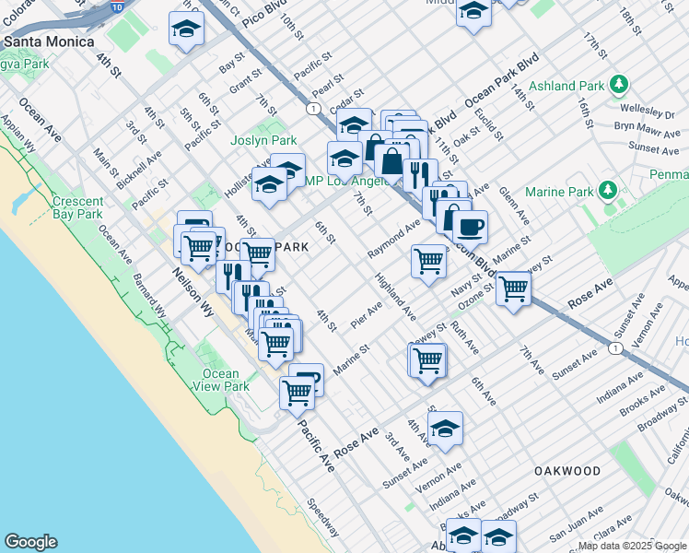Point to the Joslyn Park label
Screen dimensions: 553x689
(263, 140)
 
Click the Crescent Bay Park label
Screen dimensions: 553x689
(77, 208)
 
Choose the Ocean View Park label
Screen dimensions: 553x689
(220, 380)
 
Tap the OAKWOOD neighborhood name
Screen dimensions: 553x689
(567, 471)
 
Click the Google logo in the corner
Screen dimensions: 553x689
(29, 542)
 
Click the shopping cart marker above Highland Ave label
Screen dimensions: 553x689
(429, 261)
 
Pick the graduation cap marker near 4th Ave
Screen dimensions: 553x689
(445, 428)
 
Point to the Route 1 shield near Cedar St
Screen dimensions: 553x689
(315, 108)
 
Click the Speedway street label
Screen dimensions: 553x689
(323, 519)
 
